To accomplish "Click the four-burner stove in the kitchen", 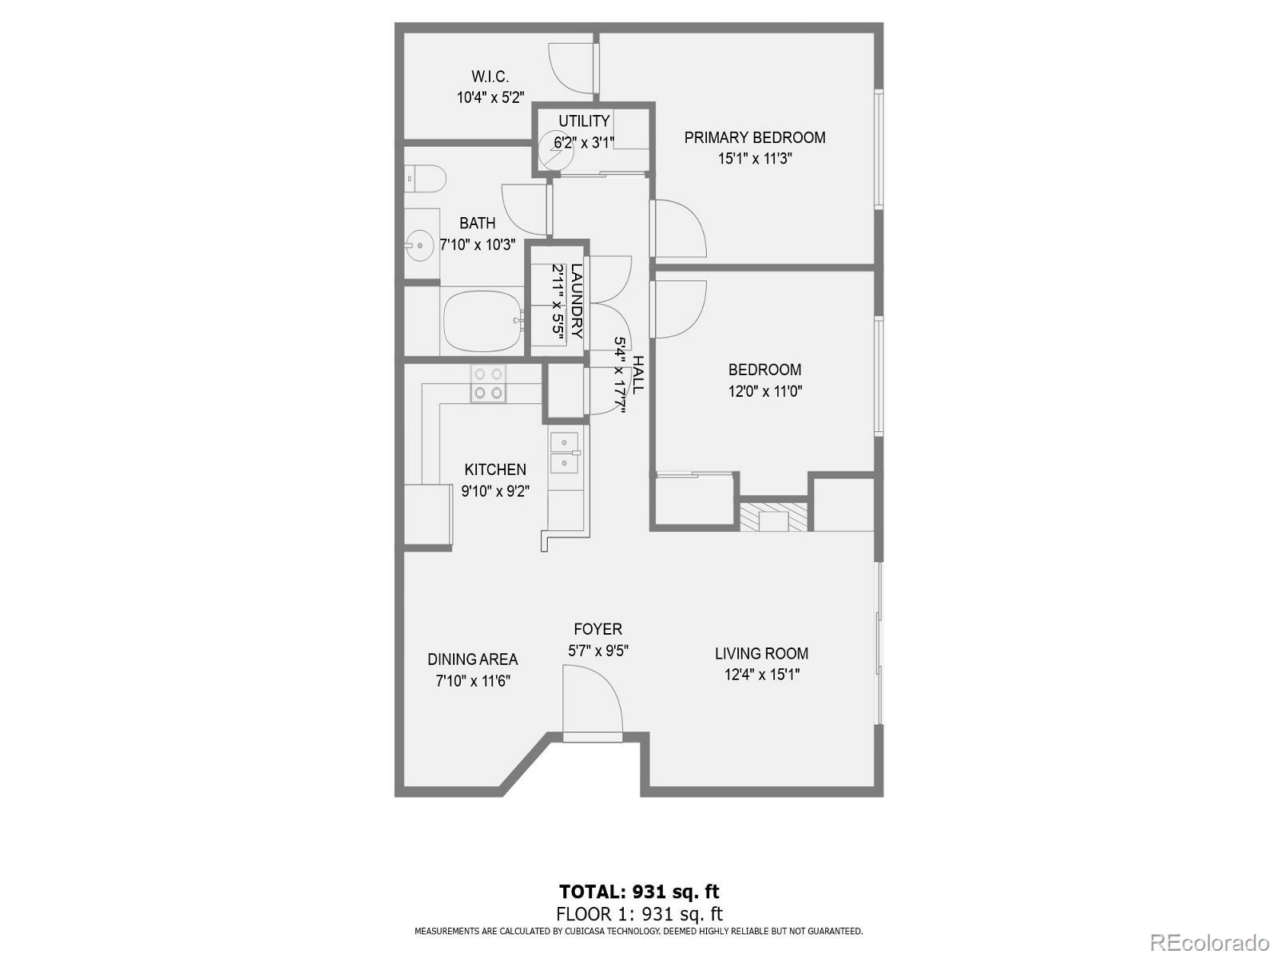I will coord(487,383).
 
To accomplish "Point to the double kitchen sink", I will coord(565,453).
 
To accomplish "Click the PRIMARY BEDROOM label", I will coord(754,137).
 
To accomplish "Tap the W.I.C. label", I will coord(490,77).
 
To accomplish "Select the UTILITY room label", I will coord(584,121).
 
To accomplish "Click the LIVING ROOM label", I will coord(761,654).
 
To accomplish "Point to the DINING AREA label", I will coord(472,659).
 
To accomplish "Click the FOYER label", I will coord(597,630).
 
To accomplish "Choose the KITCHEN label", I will coord(495,469).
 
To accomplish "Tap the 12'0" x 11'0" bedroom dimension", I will coord(764,391).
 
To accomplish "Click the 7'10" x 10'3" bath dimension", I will coord(478,245).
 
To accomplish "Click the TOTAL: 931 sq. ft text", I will coord(639,892).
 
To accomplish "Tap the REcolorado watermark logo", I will coord(1209,942).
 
